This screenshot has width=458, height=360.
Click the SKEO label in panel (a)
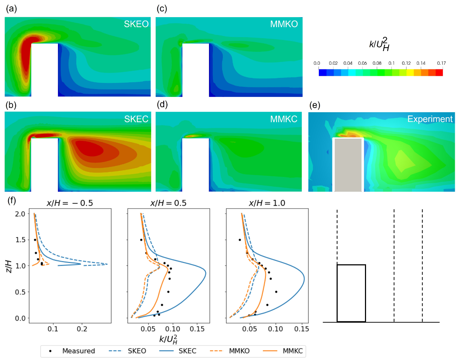point(136,24)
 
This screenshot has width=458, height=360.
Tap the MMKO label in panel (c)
point(284,24)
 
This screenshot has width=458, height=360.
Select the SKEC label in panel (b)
point(136,119)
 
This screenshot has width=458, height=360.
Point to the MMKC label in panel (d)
point(284,119)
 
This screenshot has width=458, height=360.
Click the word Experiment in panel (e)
point(430,119)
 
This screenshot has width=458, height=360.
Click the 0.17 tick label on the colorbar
point(441,63)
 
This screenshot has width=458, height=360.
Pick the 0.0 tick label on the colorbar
point(317,63)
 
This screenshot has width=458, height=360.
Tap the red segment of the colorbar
point(439,73)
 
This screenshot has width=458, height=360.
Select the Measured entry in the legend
point(78,351)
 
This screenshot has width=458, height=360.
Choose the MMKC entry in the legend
point(292,351)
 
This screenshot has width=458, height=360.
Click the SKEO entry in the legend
point(137,351)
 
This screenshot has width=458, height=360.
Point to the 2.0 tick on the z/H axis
point(20,214)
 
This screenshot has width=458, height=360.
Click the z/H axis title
point(9,266)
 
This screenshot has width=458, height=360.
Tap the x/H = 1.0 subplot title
point(267,203)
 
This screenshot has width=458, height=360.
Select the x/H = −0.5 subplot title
point(70,203)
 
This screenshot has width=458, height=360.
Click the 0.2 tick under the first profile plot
point(82,329)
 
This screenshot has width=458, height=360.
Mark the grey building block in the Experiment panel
point(348,164)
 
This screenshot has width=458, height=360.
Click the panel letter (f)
point(12,200)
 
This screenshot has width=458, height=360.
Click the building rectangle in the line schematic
point(351,293)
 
